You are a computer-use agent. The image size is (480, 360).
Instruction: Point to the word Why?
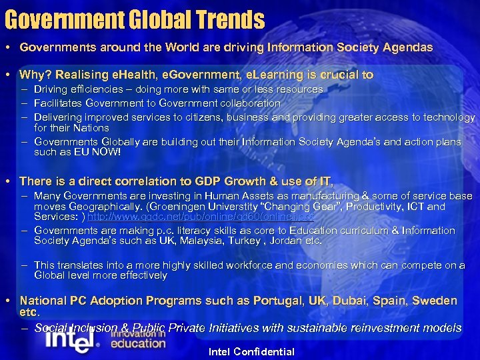point(34,75)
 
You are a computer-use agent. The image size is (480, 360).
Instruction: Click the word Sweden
point(435,301)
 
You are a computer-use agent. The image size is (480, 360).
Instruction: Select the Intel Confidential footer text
point(251,351)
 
